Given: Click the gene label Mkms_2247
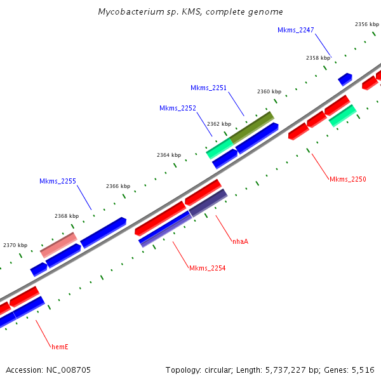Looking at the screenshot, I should point(296,30).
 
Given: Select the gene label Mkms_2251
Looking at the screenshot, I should point(208,88).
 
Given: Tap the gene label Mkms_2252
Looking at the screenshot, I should point(177,108).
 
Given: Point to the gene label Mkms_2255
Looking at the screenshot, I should point(58,181).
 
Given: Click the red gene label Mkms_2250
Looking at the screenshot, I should point(347,179).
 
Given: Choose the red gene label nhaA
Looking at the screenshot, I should point(240,241).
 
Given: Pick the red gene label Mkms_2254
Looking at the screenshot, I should point(207,268).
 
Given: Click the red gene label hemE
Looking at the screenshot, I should point(60,347).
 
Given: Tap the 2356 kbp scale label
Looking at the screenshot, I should point(366,24).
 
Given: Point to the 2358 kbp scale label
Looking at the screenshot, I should point(317,58).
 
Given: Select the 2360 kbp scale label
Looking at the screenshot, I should point(269,91).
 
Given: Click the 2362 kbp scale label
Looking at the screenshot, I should point(218,124).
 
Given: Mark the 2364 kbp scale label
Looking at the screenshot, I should point(169,155).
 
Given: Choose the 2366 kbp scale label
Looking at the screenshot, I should point(117,186).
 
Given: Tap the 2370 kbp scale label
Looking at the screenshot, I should point(15,245).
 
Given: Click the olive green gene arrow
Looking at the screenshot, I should point(251,127).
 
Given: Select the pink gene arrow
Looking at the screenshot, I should point(58,244).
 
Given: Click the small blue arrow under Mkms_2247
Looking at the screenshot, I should point(345,79).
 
